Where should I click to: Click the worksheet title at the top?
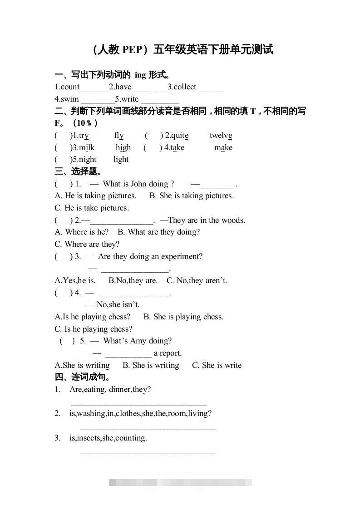click(182, 49)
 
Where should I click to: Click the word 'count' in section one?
click(70, 87)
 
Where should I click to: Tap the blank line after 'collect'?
click(211, 88)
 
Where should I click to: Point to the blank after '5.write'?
click(160, 100)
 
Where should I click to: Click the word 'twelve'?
click(221, 135)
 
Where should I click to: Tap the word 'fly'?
click(119, 135)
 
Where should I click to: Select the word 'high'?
click(123, 147)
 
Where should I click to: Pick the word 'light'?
click(121, 159)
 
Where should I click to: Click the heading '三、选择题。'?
click(79, 171)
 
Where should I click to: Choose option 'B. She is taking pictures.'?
click(192, 196)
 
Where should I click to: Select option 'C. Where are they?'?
click(87, 244)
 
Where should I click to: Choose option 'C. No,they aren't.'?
click(197, 280)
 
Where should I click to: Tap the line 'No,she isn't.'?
click(118, 304)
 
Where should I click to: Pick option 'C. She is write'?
click(217, 365)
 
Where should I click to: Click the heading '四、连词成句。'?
click(83, 377)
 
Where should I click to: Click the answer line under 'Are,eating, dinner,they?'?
click(139, 403)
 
